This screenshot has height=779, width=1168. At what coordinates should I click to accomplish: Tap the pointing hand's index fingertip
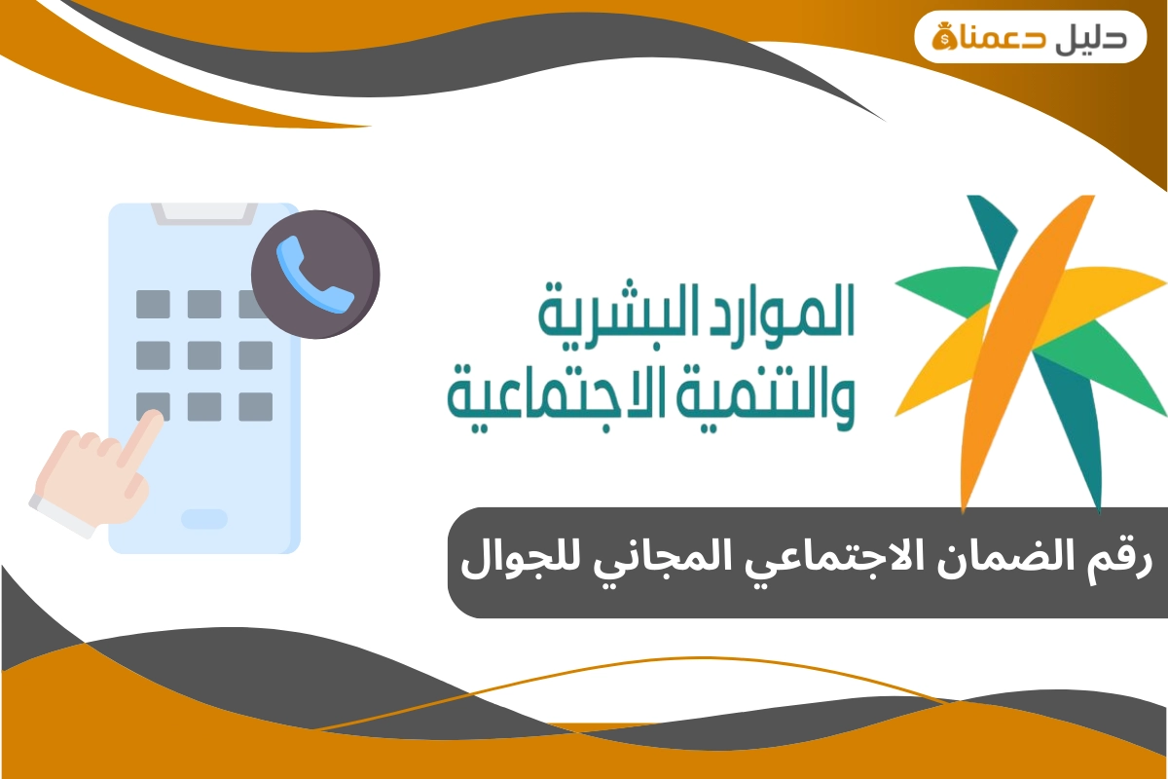coord(152,420)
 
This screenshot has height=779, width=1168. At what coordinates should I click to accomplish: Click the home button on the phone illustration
coord(204,518)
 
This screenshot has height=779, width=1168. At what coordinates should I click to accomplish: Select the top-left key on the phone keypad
coord(153,304)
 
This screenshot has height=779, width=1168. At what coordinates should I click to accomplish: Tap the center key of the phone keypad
coord(204,354)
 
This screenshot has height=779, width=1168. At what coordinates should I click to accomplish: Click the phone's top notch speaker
coord(203,210)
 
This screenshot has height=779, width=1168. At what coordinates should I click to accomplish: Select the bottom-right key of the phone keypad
coord(255,406)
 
